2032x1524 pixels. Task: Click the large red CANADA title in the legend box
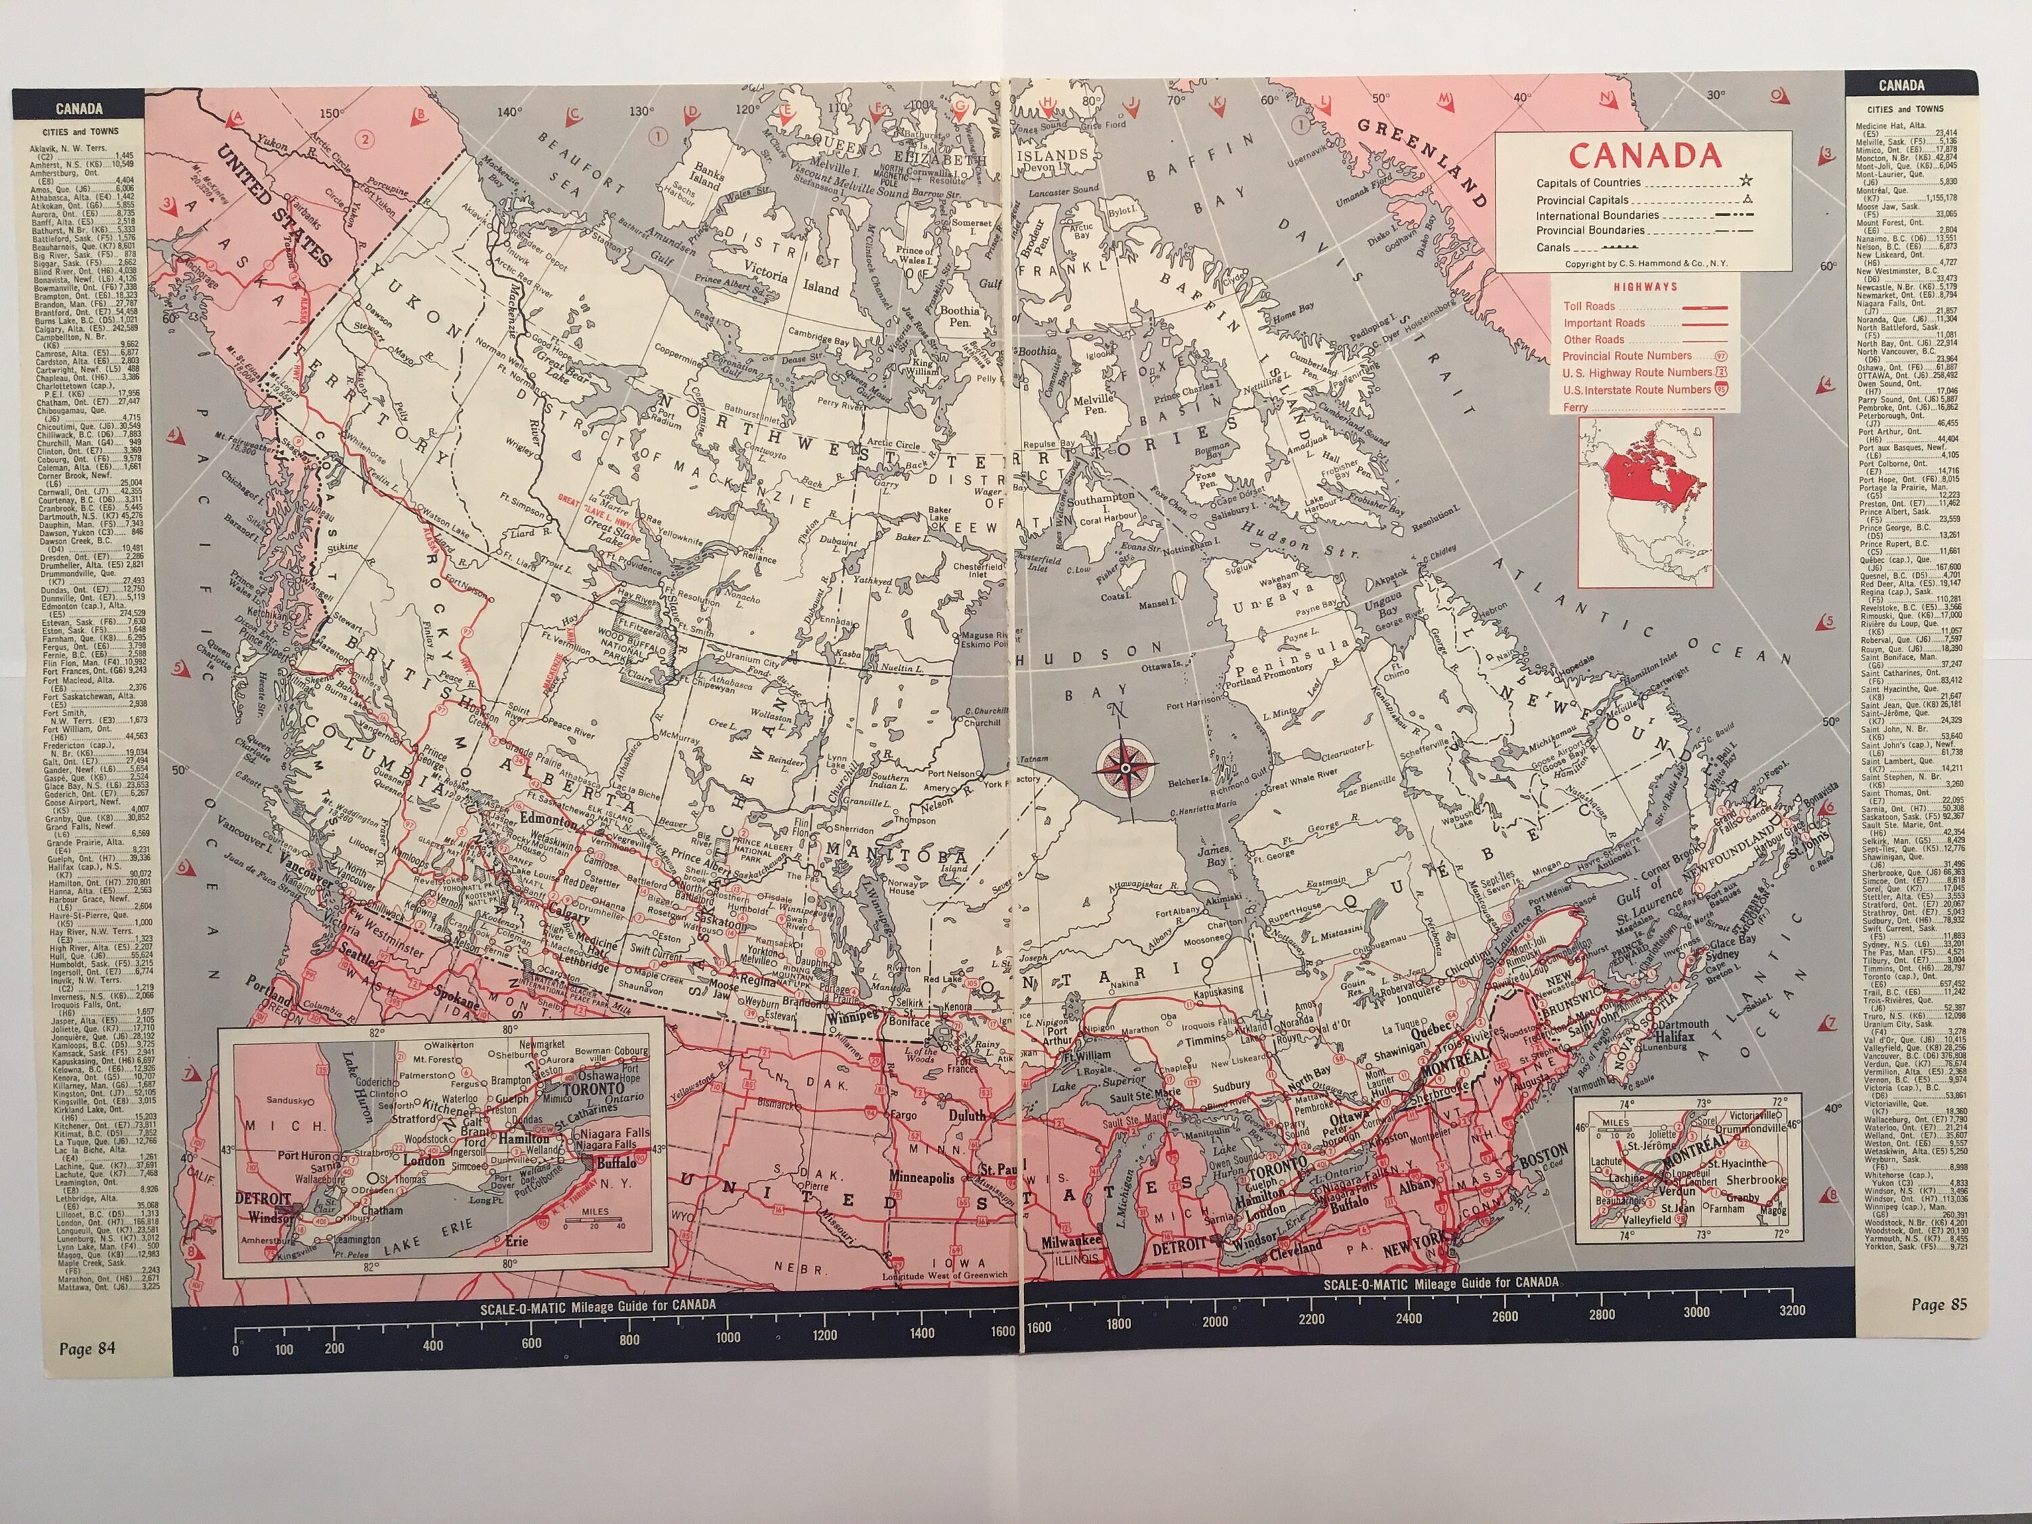(x=1645, y=155)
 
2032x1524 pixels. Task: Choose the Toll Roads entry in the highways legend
(x=1589, y=306)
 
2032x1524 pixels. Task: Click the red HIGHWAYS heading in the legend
(x=1646, y=287)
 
